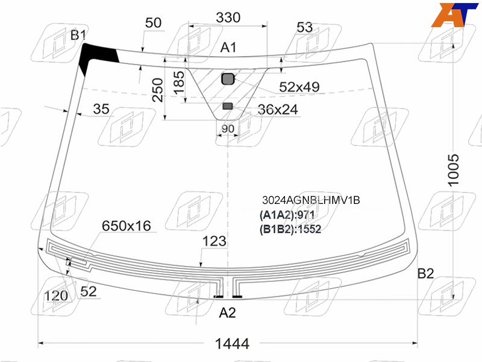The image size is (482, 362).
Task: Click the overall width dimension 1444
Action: [x=232, y=343]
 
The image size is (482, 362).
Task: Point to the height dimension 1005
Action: [x=453, y=170]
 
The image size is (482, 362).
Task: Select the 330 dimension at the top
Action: [x=228, y=17]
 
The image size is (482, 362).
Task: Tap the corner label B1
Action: [x=78, y=35]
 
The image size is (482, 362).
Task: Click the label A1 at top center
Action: [x=228, y=48]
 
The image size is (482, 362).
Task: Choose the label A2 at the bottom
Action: [x=228, y=313]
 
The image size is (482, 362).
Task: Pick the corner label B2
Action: [x=426, y=273]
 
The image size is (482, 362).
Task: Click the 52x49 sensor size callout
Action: [x=299, y=87]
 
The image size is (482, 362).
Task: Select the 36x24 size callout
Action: [x=278, y=110]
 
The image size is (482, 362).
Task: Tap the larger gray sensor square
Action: [x=228, y=79]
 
